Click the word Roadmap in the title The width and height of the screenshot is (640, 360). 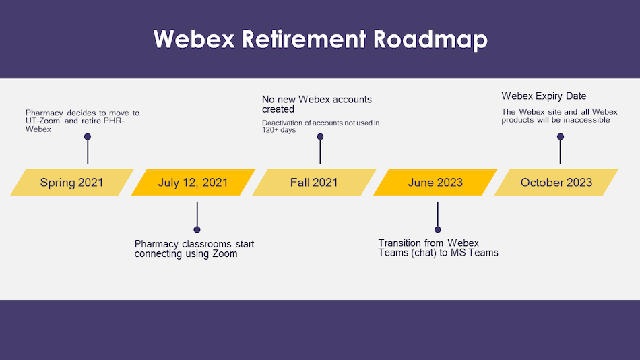(430, 39)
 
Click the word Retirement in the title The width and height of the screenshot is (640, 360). (304, 39)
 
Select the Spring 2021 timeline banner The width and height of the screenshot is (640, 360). (72, 182)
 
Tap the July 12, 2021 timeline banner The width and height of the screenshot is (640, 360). (193, 182)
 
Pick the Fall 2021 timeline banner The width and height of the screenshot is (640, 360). (314, 182)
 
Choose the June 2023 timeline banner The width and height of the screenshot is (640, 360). (435, 182)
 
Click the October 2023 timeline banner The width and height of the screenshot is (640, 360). (556, 182)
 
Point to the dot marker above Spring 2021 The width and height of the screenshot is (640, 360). (88, 136)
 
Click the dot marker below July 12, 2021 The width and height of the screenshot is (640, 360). (197, 229)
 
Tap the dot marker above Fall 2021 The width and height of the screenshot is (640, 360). (321, 136)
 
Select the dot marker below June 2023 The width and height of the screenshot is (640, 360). (437, 229)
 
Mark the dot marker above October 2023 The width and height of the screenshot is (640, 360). (561, 136)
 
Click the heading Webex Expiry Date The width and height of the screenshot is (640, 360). (544, 96)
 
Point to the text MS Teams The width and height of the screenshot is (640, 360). (474, 253)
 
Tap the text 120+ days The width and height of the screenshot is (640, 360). (279, 130)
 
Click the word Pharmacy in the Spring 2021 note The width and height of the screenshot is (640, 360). (44, 113)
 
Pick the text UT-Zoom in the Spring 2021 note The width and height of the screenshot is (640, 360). (42, 121)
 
